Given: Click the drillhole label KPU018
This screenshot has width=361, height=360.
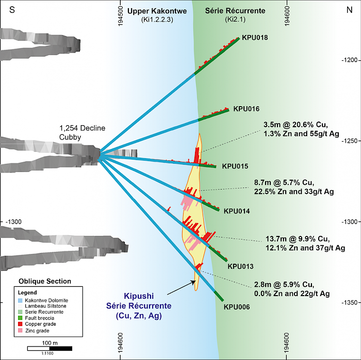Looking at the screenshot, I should [254, 38].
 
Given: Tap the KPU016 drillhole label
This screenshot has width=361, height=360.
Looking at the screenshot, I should [246, 109].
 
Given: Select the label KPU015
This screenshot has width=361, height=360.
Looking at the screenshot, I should [235, 166].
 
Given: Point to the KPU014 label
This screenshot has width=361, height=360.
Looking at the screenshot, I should [237, 211].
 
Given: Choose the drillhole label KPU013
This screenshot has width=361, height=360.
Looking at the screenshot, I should [240, 266].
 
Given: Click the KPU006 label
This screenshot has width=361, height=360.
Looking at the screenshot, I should [237, 307].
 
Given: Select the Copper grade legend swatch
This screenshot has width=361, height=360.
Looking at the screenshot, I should [20, 323].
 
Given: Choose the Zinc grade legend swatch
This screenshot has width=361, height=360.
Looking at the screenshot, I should [20, 330].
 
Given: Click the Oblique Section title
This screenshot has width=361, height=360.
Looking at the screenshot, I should [44, 281].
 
